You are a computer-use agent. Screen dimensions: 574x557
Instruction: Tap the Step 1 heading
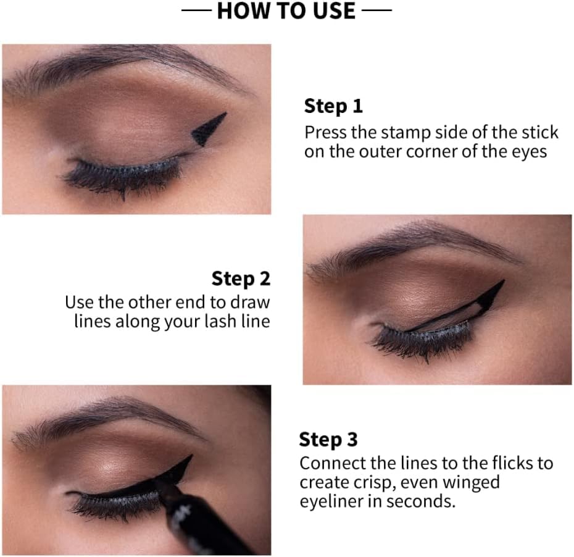333,107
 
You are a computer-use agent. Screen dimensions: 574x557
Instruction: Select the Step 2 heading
241,279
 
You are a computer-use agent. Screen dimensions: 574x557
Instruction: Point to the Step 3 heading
328,440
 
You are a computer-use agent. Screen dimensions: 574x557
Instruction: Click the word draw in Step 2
250,303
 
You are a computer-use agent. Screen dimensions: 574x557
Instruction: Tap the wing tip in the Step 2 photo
504,280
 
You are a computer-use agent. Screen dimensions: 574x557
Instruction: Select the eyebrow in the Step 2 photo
414,245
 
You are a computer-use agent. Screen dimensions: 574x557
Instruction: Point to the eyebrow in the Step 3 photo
106,417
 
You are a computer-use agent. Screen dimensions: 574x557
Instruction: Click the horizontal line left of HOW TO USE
196,10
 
